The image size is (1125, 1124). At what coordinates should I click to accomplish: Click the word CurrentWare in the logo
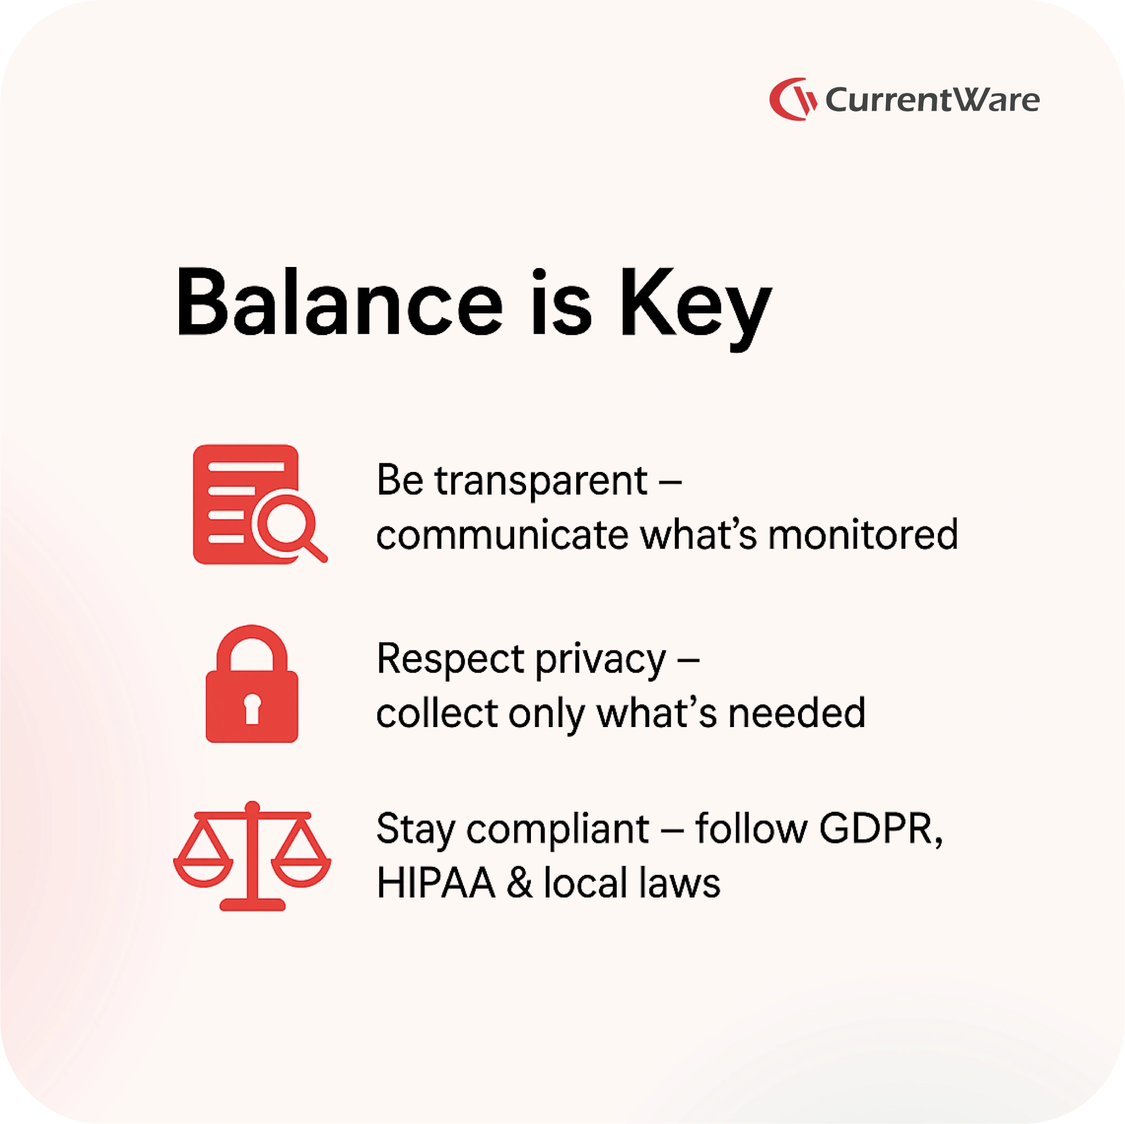tap(932, 100)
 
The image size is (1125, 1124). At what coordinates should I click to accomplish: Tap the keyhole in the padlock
tap(252, 708)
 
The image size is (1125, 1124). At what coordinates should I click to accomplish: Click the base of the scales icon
tap(252, 904)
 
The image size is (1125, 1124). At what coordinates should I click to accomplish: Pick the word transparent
tap(541, 483)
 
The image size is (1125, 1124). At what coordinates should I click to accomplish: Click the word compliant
tap(557, 830)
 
